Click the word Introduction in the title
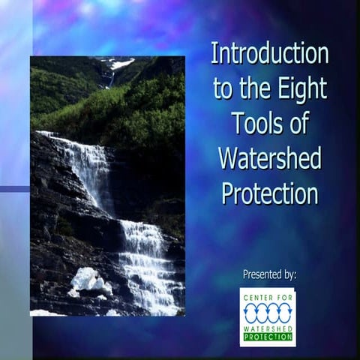[269, 54]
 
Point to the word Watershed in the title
[269, 158]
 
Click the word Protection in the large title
[269, 193]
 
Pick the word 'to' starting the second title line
[223, 90]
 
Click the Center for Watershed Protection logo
[268, 316]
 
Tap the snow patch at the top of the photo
[120, 64]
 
